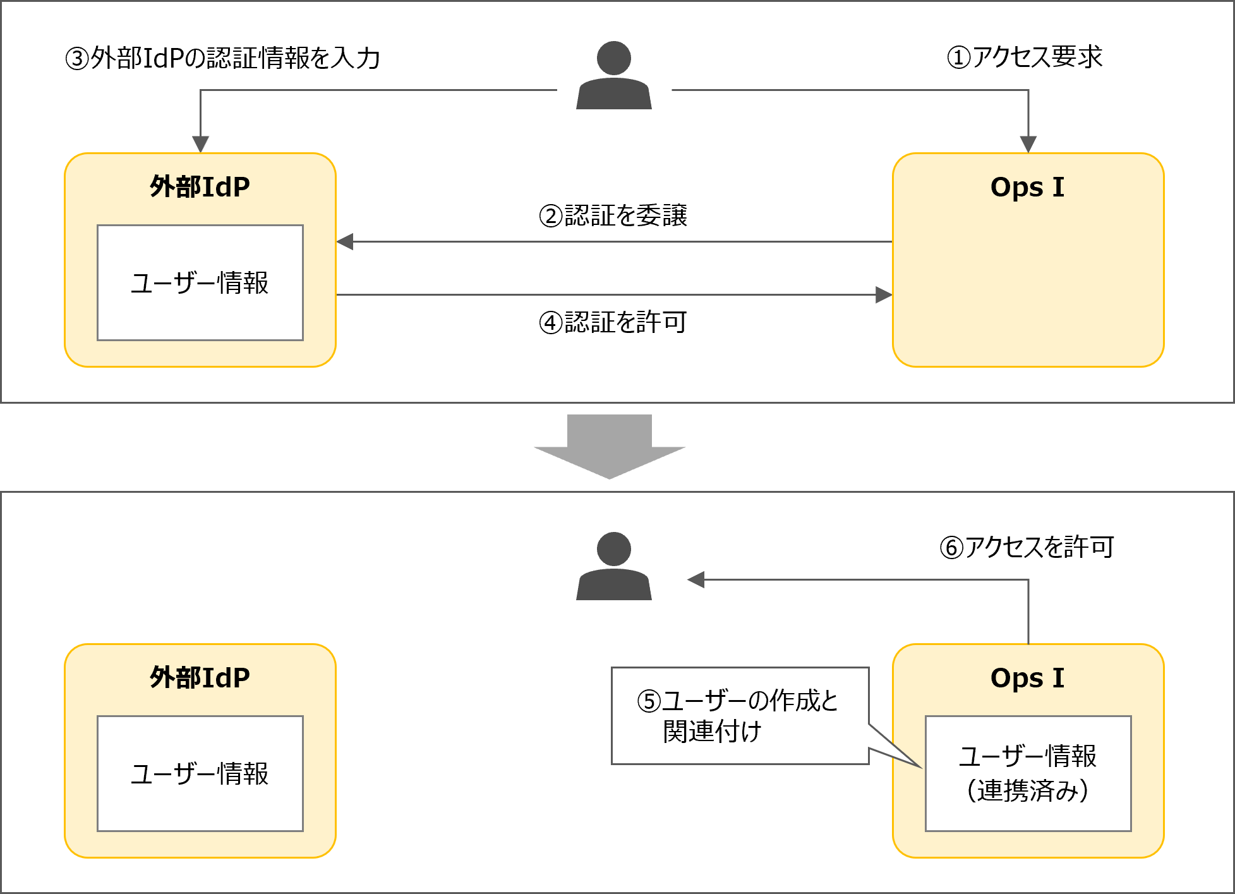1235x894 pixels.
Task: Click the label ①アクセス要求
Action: coord(1024,57)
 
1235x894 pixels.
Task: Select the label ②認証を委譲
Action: coord(613,215)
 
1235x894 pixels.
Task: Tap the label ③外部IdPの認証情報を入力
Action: coord(222,58)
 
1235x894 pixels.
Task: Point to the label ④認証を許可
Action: coord(613,322)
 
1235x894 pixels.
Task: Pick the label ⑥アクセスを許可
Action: coord(1027,547)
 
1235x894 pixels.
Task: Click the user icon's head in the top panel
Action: coord(613,58)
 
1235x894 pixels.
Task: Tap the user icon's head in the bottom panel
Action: coord(613,549)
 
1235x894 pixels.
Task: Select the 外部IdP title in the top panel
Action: coord(200,187)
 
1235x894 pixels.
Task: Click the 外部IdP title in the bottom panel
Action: coord(200,678)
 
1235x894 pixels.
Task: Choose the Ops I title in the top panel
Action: coord(1027,187)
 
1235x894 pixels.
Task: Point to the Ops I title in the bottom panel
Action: coord(1027,678)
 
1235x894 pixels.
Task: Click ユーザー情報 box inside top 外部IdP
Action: coord(200,282)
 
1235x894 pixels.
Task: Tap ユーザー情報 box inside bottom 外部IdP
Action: coord(200,773)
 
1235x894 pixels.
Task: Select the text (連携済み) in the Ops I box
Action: coord(1027,790)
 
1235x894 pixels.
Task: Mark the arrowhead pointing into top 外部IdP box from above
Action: coord(200,144)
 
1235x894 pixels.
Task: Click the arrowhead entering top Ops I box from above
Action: coord(1028,144)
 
